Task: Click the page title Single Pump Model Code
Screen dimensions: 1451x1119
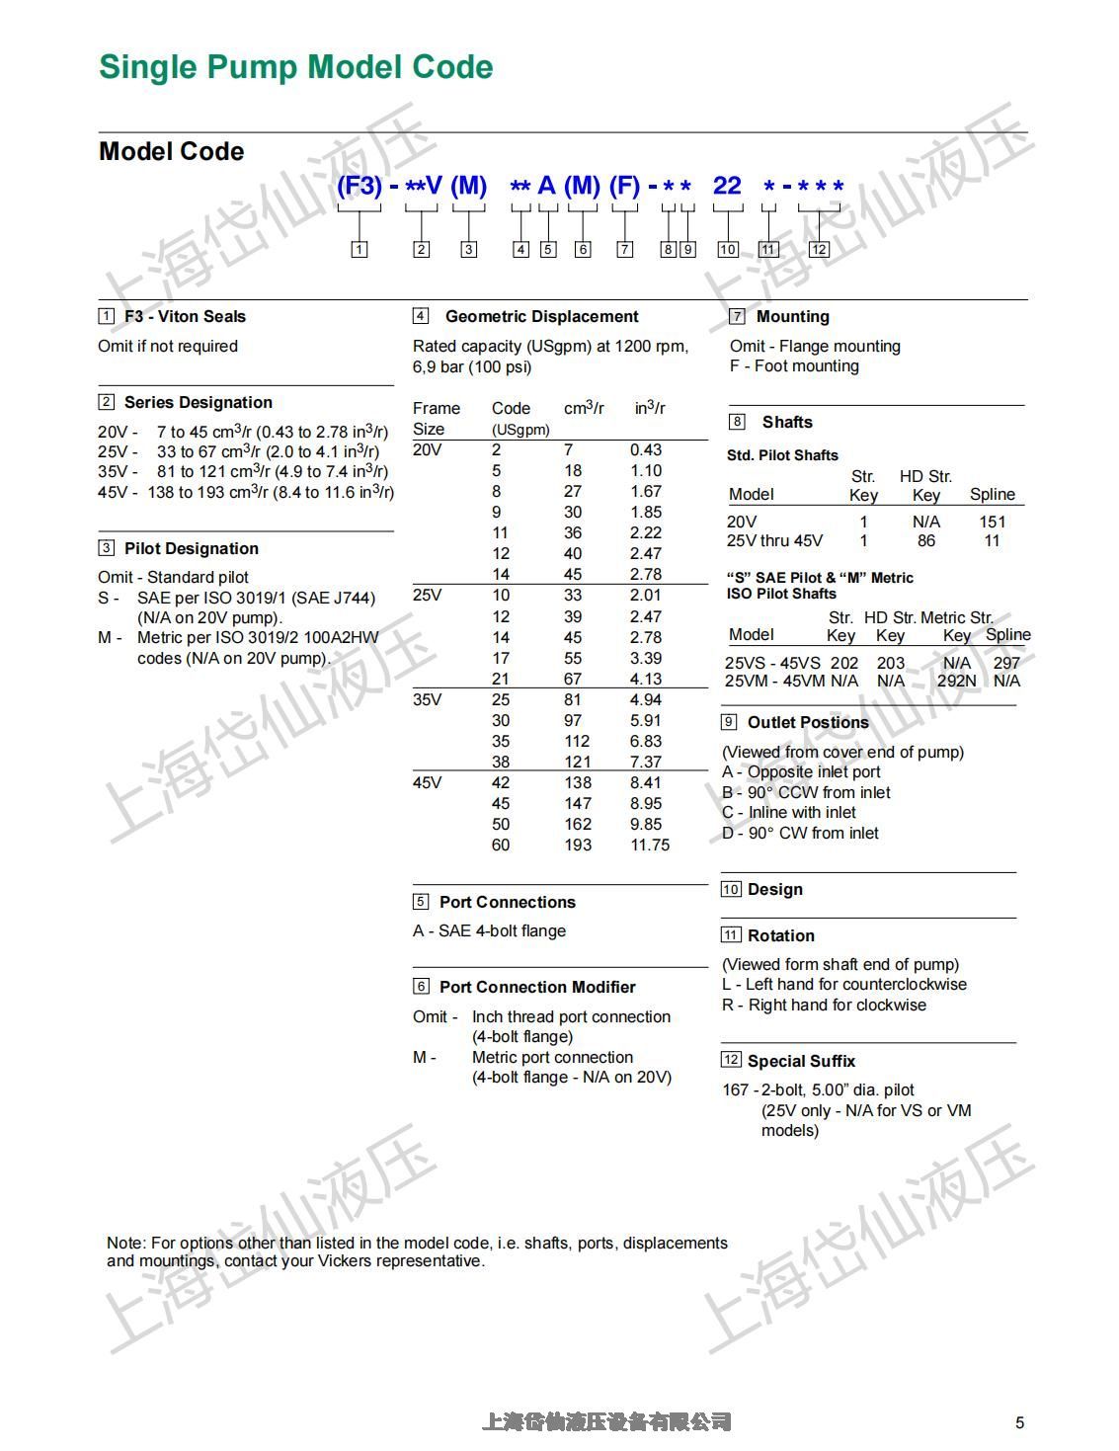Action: (x=295, y=67)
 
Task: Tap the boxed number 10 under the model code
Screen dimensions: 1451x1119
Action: (x=728, y=249)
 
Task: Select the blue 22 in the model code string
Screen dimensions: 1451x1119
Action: (x=727, y=186)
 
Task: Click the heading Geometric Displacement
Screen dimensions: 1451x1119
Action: (x=541, y=316)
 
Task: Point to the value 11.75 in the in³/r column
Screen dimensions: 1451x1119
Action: (x=649, y=846)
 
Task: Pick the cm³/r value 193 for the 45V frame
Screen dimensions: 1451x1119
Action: (x=578, y=846)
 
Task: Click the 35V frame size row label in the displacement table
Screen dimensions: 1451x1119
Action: (x=427, y=699)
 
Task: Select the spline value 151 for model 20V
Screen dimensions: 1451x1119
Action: (x=992, y=522)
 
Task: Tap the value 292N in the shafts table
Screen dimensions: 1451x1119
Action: (x=956, y=681)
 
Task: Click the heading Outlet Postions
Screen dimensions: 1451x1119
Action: (x=808, y=722)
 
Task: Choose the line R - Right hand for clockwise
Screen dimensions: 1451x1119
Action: (x=824, y=1005)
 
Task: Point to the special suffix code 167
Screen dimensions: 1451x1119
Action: (x=736, y=1089)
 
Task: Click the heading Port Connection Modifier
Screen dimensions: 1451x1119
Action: (x=536, y=987)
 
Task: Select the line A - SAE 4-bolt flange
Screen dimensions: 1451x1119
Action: (x=489, y=930)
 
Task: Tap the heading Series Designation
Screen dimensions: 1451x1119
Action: (x=198, y=402)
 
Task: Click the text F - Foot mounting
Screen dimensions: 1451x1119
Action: (x=794, y=365)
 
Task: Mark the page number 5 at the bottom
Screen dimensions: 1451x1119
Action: (x=1019, y=1422)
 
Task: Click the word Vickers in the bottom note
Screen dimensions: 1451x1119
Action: (x=344, y=1260)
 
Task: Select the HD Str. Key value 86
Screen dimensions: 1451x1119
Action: (x=925, y=540)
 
